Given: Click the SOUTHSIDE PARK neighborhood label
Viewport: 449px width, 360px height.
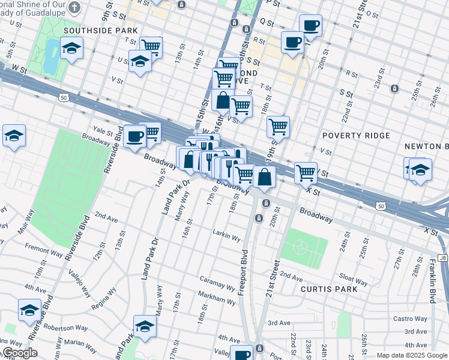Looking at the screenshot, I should tap(100, 30).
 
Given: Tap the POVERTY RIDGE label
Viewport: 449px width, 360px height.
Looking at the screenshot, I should tap(357, 136).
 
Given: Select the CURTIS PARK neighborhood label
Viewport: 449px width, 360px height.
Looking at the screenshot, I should tap(329, 289).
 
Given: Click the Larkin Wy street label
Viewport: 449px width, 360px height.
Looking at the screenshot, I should tap(226, 233).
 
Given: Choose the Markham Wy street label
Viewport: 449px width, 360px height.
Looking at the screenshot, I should tap(217, 298).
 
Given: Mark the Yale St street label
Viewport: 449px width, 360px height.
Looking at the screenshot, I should tap(103, 129).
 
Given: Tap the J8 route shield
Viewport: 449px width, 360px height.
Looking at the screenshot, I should tap(442, 258).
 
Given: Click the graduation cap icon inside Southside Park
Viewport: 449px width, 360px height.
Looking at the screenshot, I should tap(71, 49).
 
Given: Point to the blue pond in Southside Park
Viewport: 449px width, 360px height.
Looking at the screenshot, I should tap(52, 54).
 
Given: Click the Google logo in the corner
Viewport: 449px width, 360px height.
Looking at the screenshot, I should tap(19, 353).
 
